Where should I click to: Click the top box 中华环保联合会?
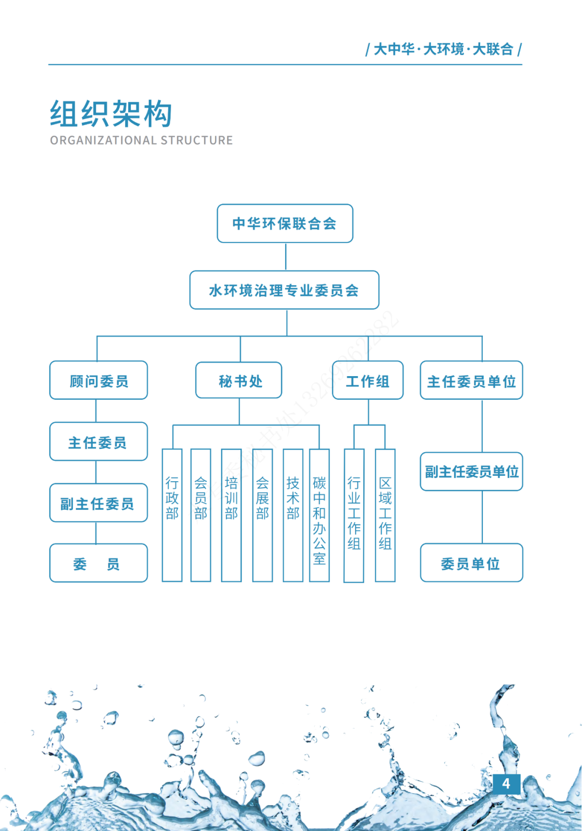[285, 224]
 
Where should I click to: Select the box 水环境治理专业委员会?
[284, 290]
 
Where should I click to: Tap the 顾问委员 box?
[99, 381]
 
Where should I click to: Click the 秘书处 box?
[239, 381]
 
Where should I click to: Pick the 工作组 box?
[368, 381]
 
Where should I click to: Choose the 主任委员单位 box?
[471, 381]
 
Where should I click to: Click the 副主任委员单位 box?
[471, 472]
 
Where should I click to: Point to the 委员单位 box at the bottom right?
[471, 563]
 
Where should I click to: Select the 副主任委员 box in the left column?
[99, 503]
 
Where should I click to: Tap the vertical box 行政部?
[172, 515]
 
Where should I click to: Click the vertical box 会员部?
[200, 515]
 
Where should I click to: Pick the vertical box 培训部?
[231, 515]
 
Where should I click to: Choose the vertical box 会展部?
[262, 515]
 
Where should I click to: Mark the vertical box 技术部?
[293, 515]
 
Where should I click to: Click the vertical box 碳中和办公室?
[319, 515]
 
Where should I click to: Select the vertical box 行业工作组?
[354, 515]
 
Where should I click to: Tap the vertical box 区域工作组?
[385, 515]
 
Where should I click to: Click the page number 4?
[506, 784]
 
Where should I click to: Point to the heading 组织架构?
[111, 114]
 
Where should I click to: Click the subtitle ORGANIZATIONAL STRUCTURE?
[141, 141]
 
